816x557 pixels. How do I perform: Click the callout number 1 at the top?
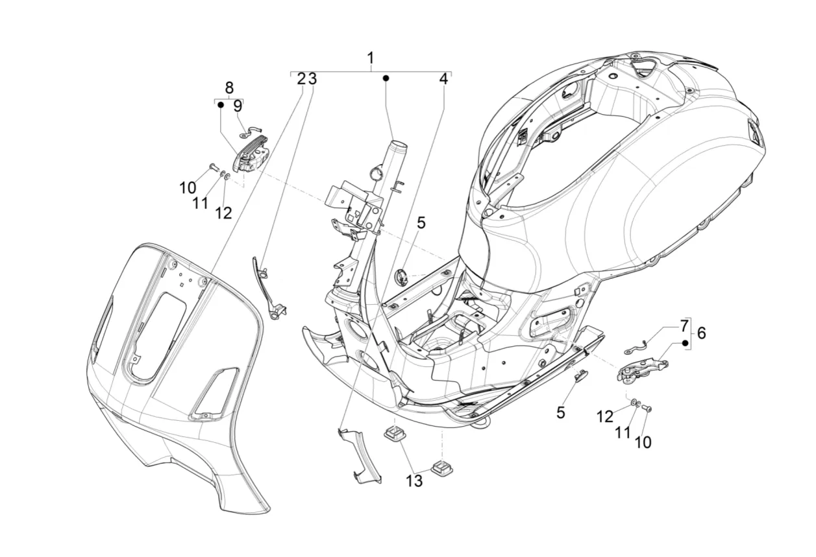click(x=371, y=58)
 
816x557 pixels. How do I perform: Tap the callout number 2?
click(x=301, y=79)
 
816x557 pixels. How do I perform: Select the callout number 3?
click(x=312, y=79)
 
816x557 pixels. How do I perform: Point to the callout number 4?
click(x=443, y=79)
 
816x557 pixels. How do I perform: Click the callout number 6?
click(x=701, y=333)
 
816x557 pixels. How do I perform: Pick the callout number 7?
click(x=684, y=326)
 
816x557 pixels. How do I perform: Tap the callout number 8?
click(x=229, y=88)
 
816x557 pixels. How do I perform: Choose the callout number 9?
click(x=238, y=106)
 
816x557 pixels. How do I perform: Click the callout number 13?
click(x=414, y=481)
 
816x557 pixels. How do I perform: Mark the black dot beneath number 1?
click(x=386, y=78)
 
